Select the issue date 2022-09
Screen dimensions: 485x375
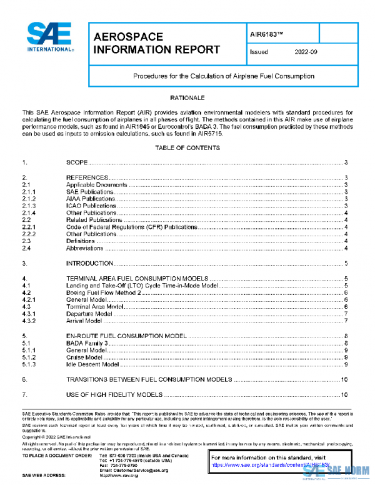pyautogui.click(x=306, y=52)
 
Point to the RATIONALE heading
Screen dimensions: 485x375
pyautogui.click(x=187, y=98)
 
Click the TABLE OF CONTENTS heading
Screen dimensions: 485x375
pyautogui.click(x=187, y=148)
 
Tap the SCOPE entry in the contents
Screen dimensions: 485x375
pyautogui.click(x=77, y=162)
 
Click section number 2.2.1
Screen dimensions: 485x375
pyautogui.click(x=28, y=227)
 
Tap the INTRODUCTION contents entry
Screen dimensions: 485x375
pyautogui.click(x=89, y=264)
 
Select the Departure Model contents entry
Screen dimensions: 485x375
pyautogui.click(x=89, y=314)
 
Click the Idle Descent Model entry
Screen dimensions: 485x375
pyautogui.click(x=92, y=364)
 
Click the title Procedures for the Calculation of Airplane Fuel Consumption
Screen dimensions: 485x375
pyautogui.click(x=223, y=76)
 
